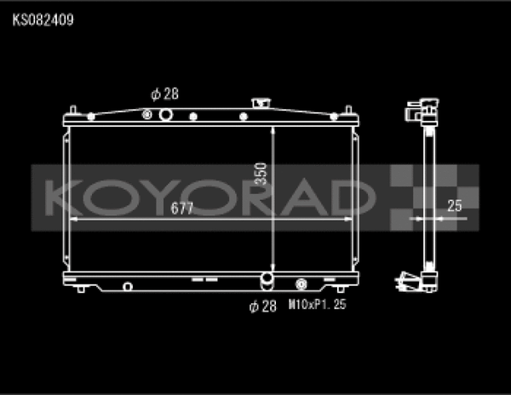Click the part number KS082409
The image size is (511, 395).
point(42,16)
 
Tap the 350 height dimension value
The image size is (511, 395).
point(261,175)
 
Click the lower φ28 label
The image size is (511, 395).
point(262,306)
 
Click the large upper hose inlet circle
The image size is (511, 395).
point(147,115)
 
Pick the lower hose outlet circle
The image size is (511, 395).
point(267,280)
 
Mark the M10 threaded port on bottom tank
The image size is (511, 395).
point(301,284)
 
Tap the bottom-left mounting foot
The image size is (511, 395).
point(81,289)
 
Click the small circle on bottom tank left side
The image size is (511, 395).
point(127,285)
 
